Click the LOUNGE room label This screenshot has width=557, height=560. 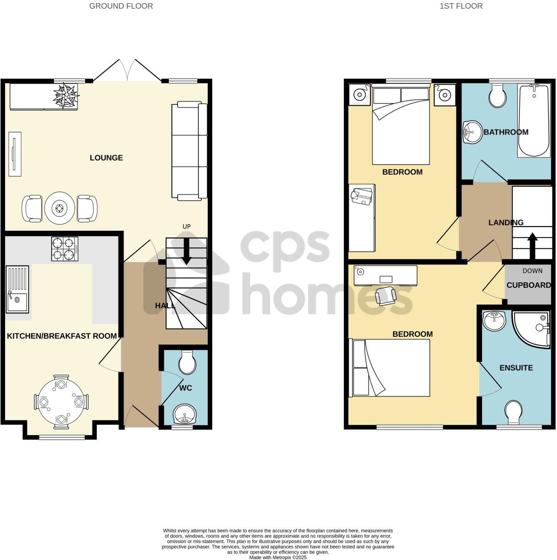click(x=106, y=158)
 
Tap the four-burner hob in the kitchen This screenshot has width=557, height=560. click(x=65, y=249)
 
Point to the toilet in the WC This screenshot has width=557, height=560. click(x=187, y=363)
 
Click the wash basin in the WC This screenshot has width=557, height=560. click(x=185, y=415)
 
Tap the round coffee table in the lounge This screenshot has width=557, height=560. click(x=59, y=209)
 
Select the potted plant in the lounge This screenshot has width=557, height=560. click(x=66, y=95)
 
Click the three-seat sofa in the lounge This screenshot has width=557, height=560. click(x=189, y=152)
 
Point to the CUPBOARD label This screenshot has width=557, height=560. click(x=529, y=285)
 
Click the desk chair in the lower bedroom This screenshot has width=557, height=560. click(x=385, y=296)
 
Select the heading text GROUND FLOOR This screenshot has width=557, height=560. click(x=121, y=6)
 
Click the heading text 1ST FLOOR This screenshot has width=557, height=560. click(x=461, y=6)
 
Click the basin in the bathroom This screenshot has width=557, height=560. click(x=471, y=132)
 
